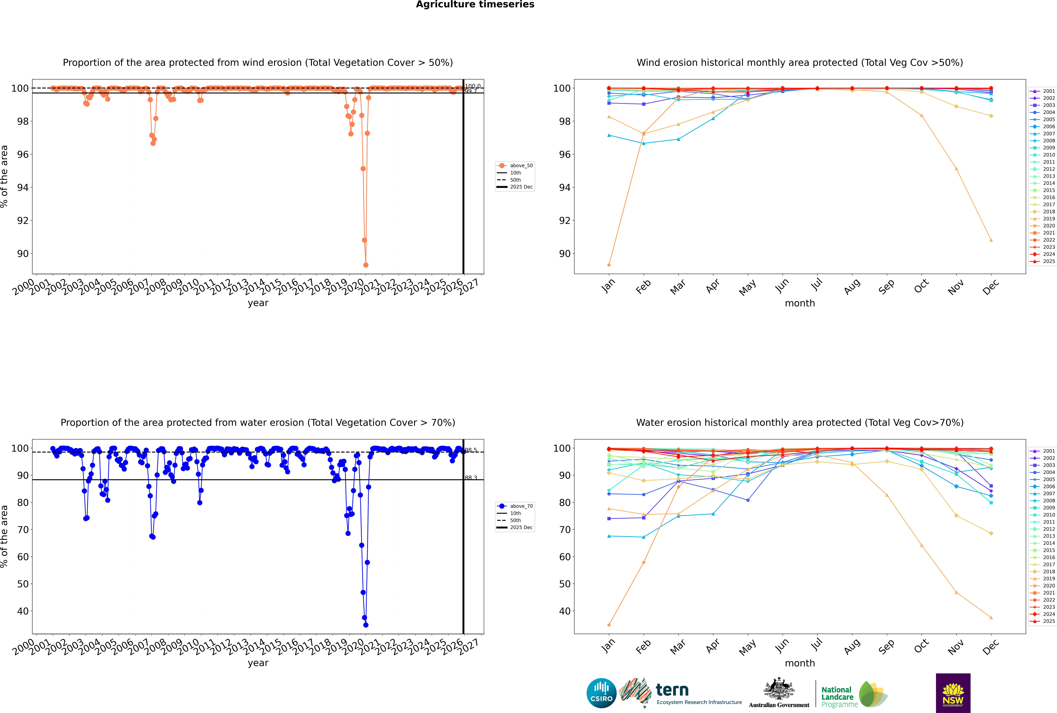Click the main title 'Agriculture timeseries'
(475, 5)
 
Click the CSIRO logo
(601, 693)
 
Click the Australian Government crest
(779, 690)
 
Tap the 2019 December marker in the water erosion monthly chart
(991, 618)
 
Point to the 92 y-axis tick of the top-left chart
(23, 221)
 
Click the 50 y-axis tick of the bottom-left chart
(23, 584)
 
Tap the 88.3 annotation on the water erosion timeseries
(471, 478)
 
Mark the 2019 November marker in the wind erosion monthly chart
(956, 169)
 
